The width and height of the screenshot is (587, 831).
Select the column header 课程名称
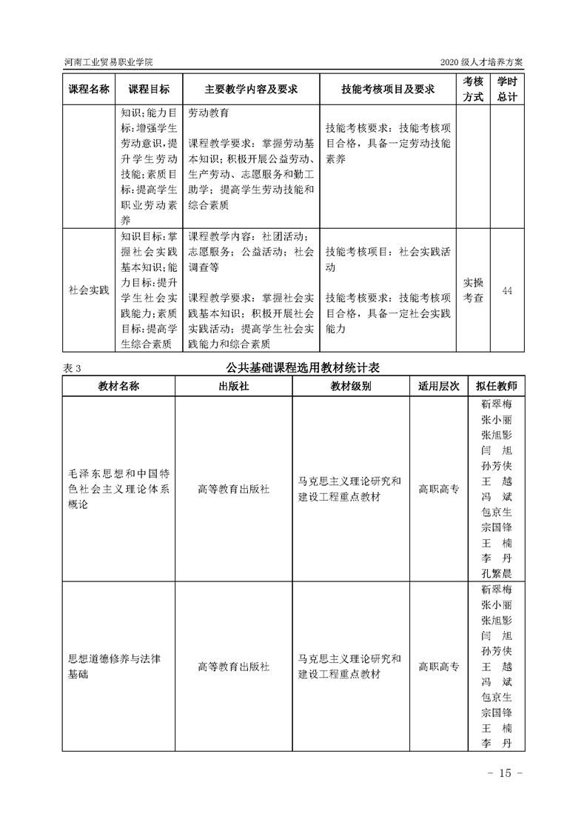pyautogui.click(x=89, y=89)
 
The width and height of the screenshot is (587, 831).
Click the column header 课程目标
pyautogui.click(x=149, y=89)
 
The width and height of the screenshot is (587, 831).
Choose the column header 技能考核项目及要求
pyautogui.click(x=387, y=89)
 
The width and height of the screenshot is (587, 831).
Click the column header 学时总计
pyautogui.click(x=507, y=89)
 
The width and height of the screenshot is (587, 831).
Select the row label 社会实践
pyautogui.click(x=89, y=290)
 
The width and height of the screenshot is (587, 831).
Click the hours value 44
pyautogui.click(x=507, y=290)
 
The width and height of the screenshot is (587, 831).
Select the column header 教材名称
pyautogui.click(x=118, y=387)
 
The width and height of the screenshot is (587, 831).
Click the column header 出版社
pyautogui.click(x=233, y=387)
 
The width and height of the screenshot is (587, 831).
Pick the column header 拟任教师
pyautogui.click(x=497, y=387)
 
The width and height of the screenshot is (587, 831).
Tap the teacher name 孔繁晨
pyautogui.click(x=497, y=573)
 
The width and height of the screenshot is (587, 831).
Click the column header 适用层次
pyautogui.click(x=439, y=387)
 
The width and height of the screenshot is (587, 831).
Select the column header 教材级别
pyautogui.click(x=350, y=387)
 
